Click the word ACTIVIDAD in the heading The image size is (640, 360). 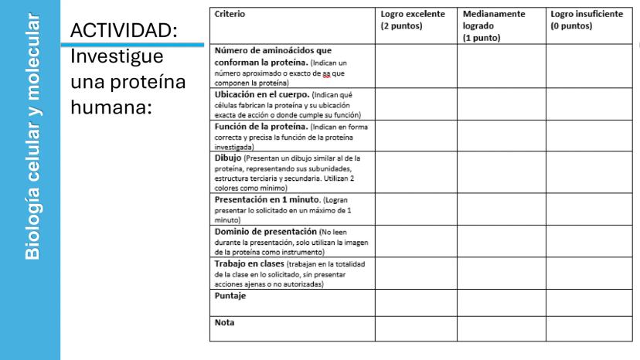pyautogui.click(x=124, y=32)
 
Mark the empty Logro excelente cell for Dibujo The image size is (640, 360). pyautogui.click(x=415, y=172)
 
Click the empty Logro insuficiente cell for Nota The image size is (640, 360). pyautogui.click(x=589, y=328)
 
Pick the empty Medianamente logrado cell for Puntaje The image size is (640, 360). pyautogui.click(x=502, y=301)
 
